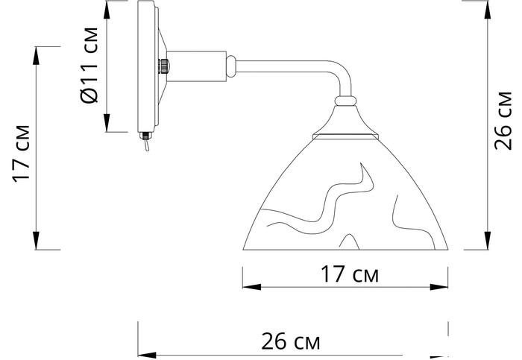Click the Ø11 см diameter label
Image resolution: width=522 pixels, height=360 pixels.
[89, 66]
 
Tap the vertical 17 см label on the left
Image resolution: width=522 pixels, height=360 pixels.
[22, 154]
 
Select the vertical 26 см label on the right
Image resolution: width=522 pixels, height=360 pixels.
[503, 121]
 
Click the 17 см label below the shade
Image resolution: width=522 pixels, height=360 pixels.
[350, 274]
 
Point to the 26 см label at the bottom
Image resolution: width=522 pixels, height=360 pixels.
[291, 341]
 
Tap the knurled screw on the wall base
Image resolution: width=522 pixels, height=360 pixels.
[163, 66]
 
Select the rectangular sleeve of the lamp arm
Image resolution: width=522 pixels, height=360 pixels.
[196, 66]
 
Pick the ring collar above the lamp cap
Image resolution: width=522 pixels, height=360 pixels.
[345, 101]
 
